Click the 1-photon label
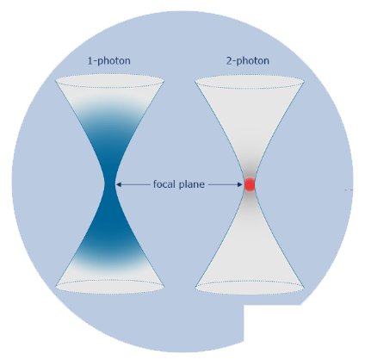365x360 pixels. click(x=108, y=61)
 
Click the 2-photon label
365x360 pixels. click(x=248, y=61)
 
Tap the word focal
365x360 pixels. click(x=164, y=183)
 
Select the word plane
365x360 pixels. click(x=192, y=184)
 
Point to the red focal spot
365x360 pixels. click(x=250, y=184)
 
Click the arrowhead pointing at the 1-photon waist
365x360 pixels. click(x=119, y=184)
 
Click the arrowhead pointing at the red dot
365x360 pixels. click(x=240, y=184)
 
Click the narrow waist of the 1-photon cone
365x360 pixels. click(x=110, y=184)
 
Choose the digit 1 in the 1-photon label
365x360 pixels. click(x=90, y=61)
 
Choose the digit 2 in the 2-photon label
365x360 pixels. click(x=229, y=61)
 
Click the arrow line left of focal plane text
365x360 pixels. click(x=133, y=184)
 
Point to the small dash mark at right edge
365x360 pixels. click(x=349, y=189)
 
